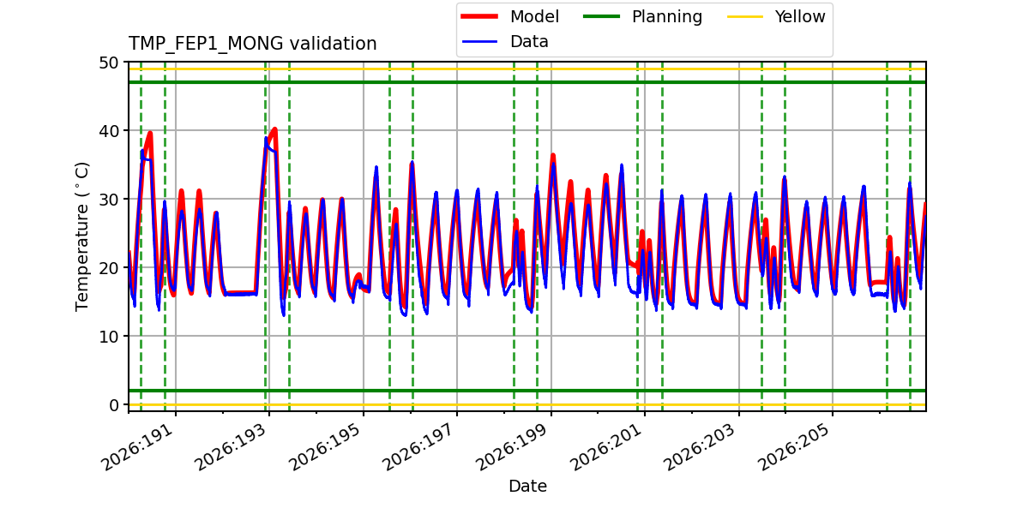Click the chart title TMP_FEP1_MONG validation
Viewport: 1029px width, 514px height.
[252, 44]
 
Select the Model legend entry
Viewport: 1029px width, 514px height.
[510, 16]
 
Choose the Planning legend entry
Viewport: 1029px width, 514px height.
[642, 16]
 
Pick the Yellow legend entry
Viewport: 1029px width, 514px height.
[776, 16]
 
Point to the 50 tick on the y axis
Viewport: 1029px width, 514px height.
[108, 63]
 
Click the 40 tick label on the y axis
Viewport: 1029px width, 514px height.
[108, 131]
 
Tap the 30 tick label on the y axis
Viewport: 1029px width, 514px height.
[108, 199]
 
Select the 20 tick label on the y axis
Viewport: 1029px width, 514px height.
[108, 267]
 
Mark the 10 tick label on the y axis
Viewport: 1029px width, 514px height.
[108, 337]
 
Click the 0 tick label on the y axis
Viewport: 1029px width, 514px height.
[113, 404]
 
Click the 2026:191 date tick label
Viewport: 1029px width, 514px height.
[138, 447]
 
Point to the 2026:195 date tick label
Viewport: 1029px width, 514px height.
[326, 447]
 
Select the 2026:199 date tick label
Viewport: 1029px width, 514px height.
[514, 447]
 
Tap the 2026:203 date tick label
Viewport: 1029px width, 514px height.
[701, 447]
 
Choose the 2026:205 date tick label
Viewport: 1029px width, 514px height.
[795, 447]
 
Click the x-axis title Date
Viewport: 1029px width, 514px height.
[527, 486]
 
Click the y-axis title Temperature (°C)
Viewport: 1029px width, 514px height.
[81, 236]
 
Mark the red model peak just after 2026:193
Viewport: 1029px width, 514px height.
[274, 129]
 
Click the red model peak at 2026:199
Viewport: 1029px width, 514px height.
[553, 155]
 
